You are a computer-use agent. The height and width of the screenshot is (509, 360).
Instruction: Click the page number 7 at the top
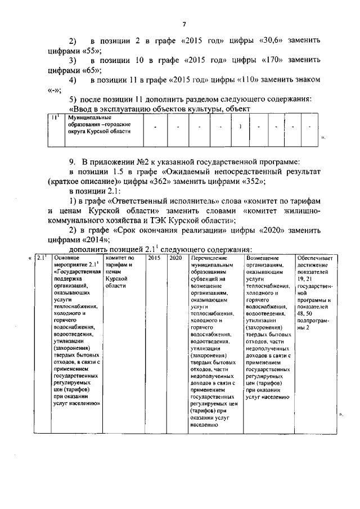[x=183, y=24]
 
